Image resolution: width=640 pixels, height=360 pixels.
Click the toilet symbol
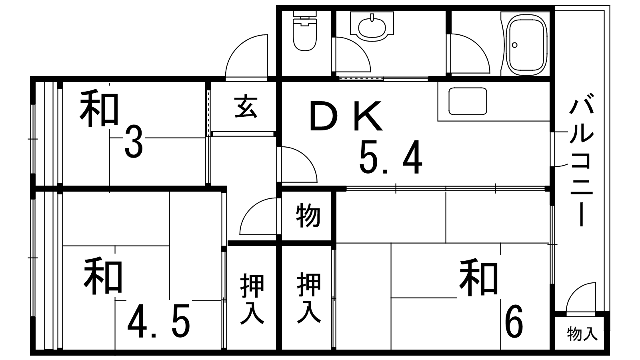(x=305, y=31)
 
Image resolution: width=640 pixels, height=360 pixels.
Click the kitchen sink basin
(x=468, y=101)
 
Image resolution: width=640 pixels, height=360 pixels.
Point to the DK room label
(x=346, y=116)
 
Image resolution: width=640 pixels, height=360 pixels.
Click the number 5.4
(x=391, y=157)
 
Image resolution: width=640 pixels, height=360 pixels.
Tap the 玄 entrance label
(x=246, y=107)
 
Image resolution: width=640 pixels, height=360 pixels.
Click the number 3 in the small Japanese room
(x=134, y=142)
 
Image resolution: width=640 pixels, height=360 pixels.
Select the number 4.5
(x=159, y=321)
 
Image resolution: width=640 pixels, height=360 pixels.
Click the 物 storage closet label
(x=308, y=215)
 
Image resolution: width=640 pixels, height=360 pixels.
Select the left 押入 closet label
(x=252, y=299)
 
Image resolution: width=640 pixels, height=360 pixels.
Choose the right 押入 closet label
(x=309, y=298)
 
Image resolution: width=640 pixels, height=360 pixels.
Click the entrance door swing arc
(x=246, y=56)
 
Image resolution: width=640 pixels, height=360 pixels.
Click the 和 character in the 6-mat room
(x=479, y=277)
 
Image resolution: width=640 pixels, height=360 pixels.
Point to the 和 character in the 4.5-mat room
(x=103, y=275)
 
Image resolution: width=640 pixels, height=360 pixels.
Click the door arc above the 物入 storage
(x=581, y=298)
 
